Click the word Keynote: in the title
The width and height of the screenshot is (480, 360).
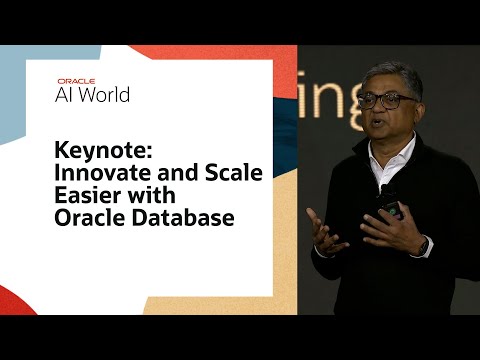coord(95,152)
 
